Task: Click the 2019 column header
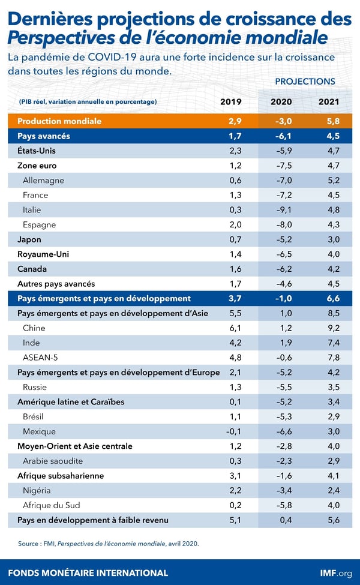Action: pyautogui.click(x=232, y=101)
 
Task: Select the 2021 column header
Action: pyautogui.click(x=329, y=101)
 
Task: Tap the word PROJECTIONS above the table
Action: pyautogui.click(x=305, y=82)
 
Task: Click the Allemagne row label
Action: pyautogui.click(x=43, y=181)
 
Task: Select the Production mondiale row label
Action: pyautogui.click(x=59, y=121)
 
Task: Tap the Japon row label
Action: pyautogui.click(x=29, y=239)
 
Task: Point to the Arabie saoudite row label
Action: pyautogui.click(x=52, y=461)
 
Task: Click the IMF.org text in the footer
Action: pyautogui.click(x=336, y=572)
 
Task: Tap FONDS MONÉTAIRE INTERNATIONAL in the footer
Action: pyautogui.click(x=88, y=572)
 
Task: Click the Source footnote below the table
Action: pyautogui.click(x=108, y=544)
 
